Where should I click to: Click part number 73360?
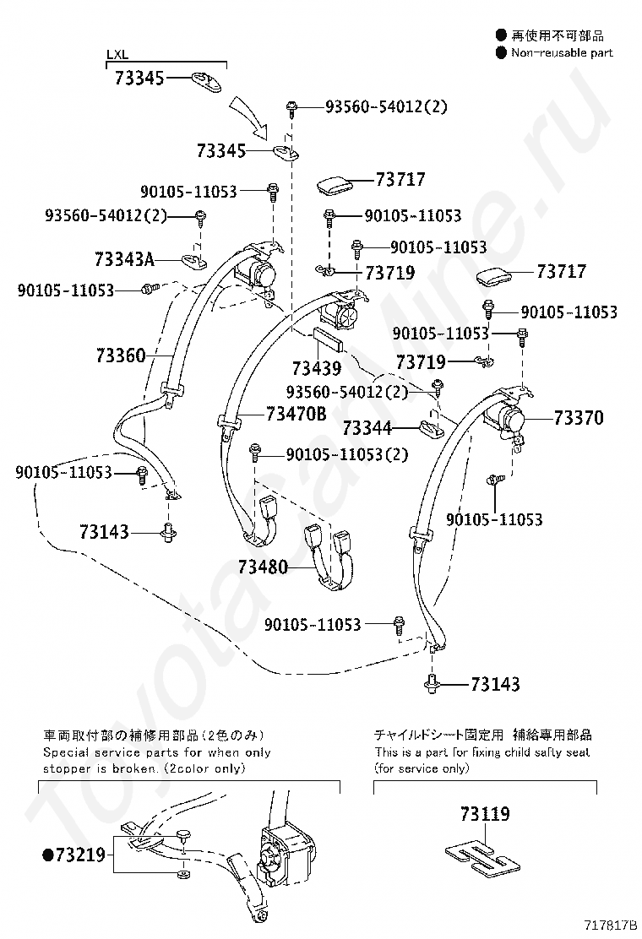coord(120,356)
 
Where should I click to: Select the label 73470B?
coord(296,414)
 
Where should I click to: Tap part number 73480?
coord(263,567)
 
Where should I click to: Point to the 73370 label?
coord(579,417)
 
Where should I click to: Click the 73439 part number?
coord(317,368)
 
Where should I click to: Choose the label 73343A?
coord(124,260)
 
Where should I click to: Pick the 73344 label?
coord(367,428)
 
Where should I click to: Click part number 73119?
coord(485,814)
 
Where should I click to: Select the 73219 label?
coord(79,856)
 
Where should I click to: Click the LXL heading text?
coord(116,56)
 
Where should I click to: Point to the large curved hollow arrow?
coord(251,118)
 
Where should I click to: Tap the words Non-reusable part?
coord(561,52)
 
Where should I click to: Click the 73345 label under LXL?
coord(139,79)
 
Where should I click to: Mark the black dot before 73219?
coord(47,856)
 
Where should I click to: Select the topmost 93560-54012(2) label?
coord(386,106)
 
